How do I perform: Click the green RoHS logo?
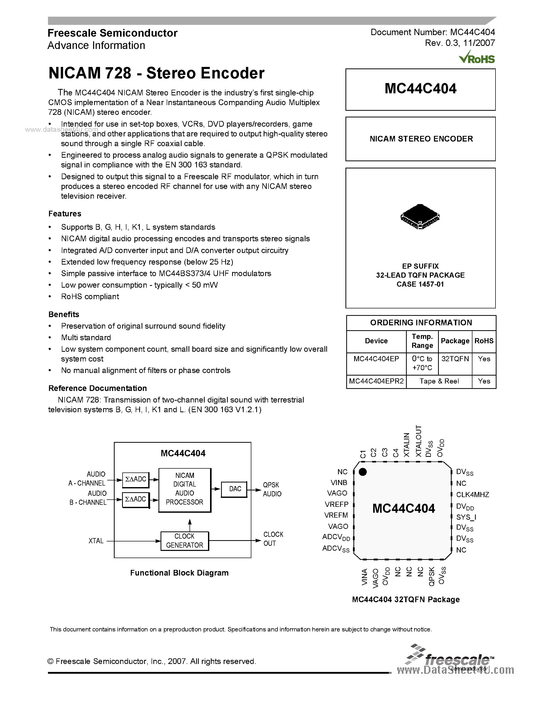click(x=477, y=57)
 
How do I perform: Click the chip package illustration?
click(x=420, y=216)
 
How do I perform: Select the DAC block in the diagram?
click(x=235, y=489)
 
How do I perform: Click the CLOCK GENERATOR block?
click(x=184, y=541)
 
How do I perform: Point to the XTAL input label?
click(x=96, y=541)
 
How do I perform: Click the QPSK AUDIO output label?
click(x=272, y=489)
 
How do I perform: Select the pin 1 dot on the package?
click(x=363, y=472)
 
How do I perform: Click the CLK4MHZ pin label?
click(x=472, y=495)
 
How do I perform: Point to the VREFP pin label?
click(x=336, y=504)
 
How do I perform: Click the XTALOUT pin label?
click(x=419, y=441)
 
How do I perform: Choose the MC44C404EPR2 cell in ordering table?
click(x=376, y=381)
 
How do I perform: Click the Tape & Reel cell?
click(x=439, y=381)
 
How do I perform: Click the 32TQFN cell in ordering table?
click(x=455, y=359)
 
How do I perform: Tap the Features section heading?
click(x=65, y=214)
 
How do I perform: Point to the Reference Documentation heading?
click(x=97, y=388)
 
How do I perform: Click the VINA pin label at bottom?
click(x=364, y=577)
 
